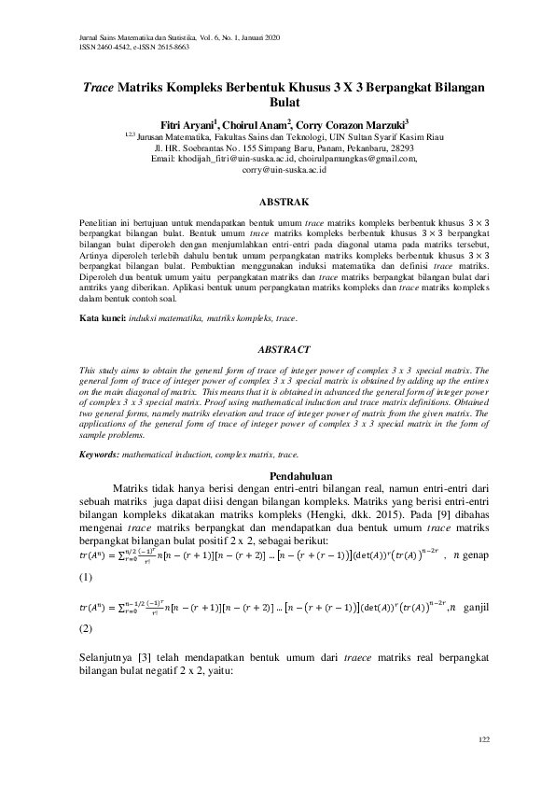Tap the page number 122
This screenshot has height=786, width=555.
pos(482,739)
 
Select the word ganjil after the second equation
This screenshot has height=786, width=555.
pos(476,608)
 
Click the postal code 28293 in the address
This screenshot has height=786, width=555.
pos(397,147)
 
